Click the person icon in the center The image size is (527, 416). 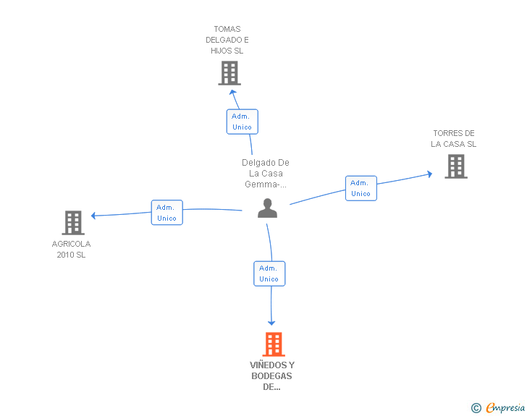pyautogui.click(x=267, y=208)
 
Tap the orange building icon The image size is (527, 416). pyautogui.click(x=274, y=344)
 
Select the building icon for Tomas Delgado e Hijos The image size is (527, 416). pyautogui.click(x=229, y=73)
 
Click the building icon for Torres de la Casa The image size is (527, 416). pyautogui.click(x=456, y=166)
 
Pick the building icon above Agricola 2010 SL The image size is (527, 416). pyautogui.click(x=73, y=223)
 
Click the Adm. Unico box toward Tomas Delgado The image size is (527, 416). pyautogui.click(x=243, y=122)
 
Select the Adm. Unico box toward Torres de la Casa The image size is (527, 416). pyautogui.click(x=361, y=188)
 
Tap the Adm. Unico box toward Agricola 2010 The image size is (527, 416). pyautogui.click(x=166, y=213)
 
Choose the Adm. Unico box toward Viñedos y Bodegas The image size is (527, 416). pyautogui.click(x=269, y=273)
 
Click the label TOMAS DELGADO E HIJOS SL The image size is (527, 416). pyautogui.click(x=227, y=40)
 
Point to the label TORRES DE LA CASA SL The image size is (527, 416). pyautogui.click(x=453, y=138)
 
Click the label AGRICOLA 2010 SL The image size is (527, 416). pyautogui.click(x=71, y=249)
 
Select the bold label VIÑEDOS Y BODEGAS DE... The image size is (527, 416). pyautogui.click(x=272, y=375)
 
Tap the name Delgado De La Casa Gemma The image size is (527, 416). pyautogui.click(x=266, y=174)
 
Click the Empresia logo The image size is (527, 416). pyautogui.click(x=505, y=407)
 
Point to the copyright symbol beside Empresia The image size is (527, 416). pyautogui.click(x=476, y=408)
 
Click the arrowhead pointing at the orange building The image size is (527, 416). pyautogui.click(x=271, y=323)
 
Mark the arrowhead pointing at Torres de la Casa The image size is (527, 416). pyautogui.click(x=430, y=174)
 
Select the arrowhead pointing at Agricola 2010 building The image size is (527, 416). pyautogui.click(x=93, y=216)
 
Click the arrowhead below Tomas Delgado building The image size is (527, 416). pyautogui.click(x=232, y=92)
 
